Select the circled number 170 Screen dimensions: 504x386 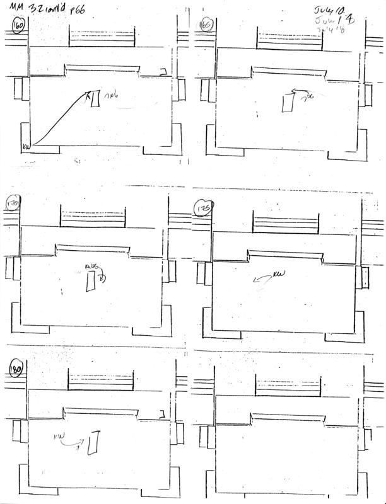pos(13,206)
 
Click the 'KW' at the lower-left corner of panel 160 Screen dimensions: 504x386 pos(26,147)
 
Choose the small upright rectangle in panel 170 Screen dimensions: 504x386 pos(91,283)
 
